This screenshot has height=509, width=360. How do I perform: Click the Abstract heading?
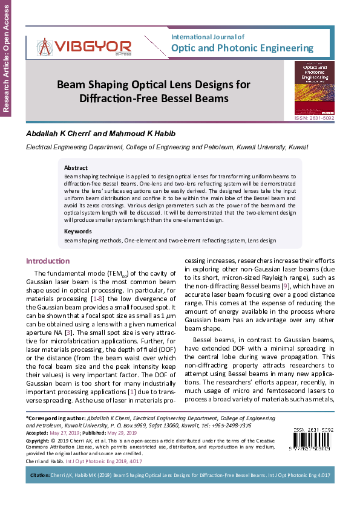pyautogui.click(x=76, y=167)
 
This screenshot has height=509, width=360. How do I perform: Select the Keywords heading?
pyautogui.click(x=78, y=231)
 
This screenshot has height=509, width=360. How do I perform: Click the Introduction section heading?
pyautogui.click(x=47, y=261)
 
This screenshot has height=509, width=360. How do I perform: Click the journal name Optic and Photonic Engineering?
pyautogui.click(x=243, y=48)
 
